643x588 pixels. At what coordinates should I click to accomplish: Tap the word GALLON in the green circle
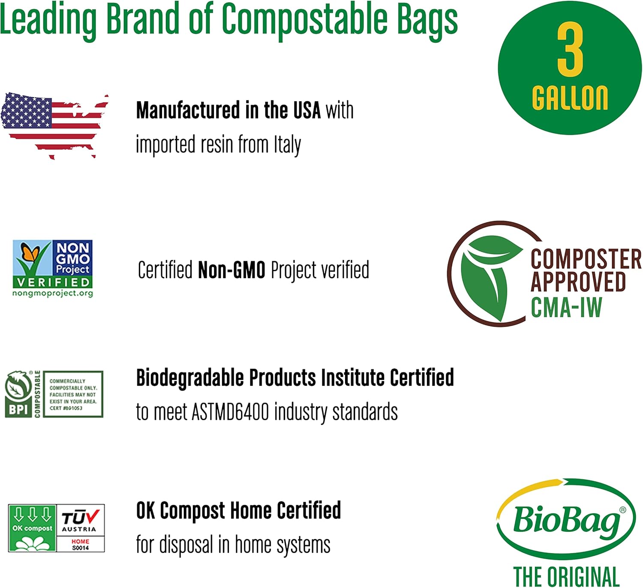click(570, 98)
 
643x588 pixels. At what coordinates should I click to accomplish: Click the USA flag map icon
click(55, 125)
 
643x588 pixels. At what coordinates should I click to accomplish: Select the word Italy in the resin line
click(287, 145)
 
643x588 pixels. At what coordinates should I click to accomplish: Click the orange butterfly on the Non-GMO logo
click(30, 252)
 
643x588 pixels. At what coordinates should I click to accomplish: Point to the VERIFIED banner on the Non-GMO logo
click(53, 282)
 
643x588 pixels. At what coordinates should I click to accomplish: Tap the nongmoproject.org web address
click(53, 293)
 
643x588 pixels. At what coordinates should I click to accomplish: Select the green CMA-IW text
click(566, 307)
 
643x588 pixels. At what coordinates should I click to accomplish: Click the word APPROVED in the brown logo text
click(578, 282)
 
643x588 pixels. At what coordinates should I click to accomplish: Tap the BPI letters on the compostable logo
click(18, 409)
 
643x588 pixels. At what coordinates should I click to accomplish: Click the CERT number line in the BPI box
click(66, 408)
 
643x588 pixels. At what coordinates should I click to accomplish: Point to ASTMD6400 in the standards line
click(230, 412)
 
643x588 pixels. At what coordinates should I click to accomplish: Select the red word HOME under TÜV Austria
click(81, 542)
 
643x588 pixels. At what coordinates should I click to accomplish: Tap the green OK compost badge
click(32, 528)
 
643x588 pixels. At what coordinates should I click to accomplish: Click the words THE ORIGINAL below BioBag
click(566, 576)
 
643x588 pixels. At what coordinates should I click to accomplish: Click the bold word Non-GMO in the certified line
click(231, 270)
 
